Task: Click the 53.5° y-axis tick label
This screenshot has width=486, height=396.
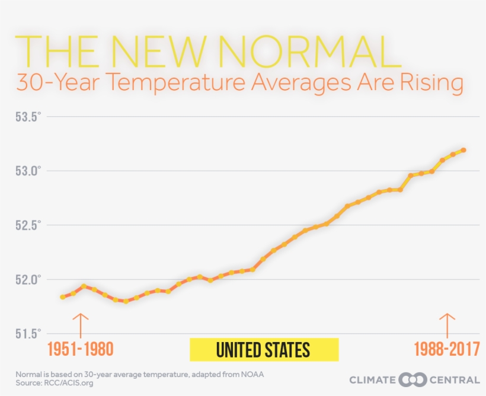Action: (x=28, y=117)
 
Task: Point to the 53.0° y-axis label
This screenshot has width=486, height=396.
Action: (x=28, y=171)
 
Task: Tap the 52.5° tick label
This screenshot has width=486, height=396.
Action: (x=28, y=225)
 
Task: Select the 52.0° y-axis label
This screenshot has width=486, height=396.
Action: (x=28, y=280)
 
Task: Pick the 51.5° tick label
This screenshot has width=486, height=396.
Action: (x=28, y=334)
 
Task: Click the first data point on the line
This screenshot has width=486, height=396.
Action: (x=63, y=297)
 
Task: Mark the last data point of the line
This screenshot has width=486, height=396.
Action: (x=463, y=150)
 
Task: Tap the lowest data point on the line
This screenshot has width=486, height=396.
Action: (x=126, y=301)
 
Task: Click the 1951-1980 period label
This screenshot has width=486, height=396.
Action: (x=81, y=349)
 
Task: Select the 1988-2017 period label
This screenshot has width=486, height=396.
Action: (x=447, y=349)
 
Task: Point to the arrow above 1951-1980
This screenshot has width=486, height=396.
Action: (x=81, y=325)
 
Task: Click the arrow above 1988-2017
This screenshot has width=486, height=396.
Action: (x=447, y=325)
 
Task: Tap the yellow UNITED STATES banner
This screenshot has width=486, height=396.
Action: (x=264, y=350)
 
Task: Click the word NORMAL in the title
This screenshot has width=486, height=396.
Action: (x=309, y=51)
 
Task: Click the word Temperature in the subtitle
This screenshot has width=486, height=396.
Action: (x=177, y=82)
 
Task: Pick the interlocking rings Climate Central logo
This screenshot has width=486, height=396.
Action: (x=413, y=379)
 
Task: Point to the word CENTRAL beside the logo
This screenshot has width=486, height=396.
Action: (x=455, y=380)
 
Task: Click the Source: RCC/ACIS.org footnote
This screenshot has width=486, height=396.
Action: (x=55, y=384)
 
